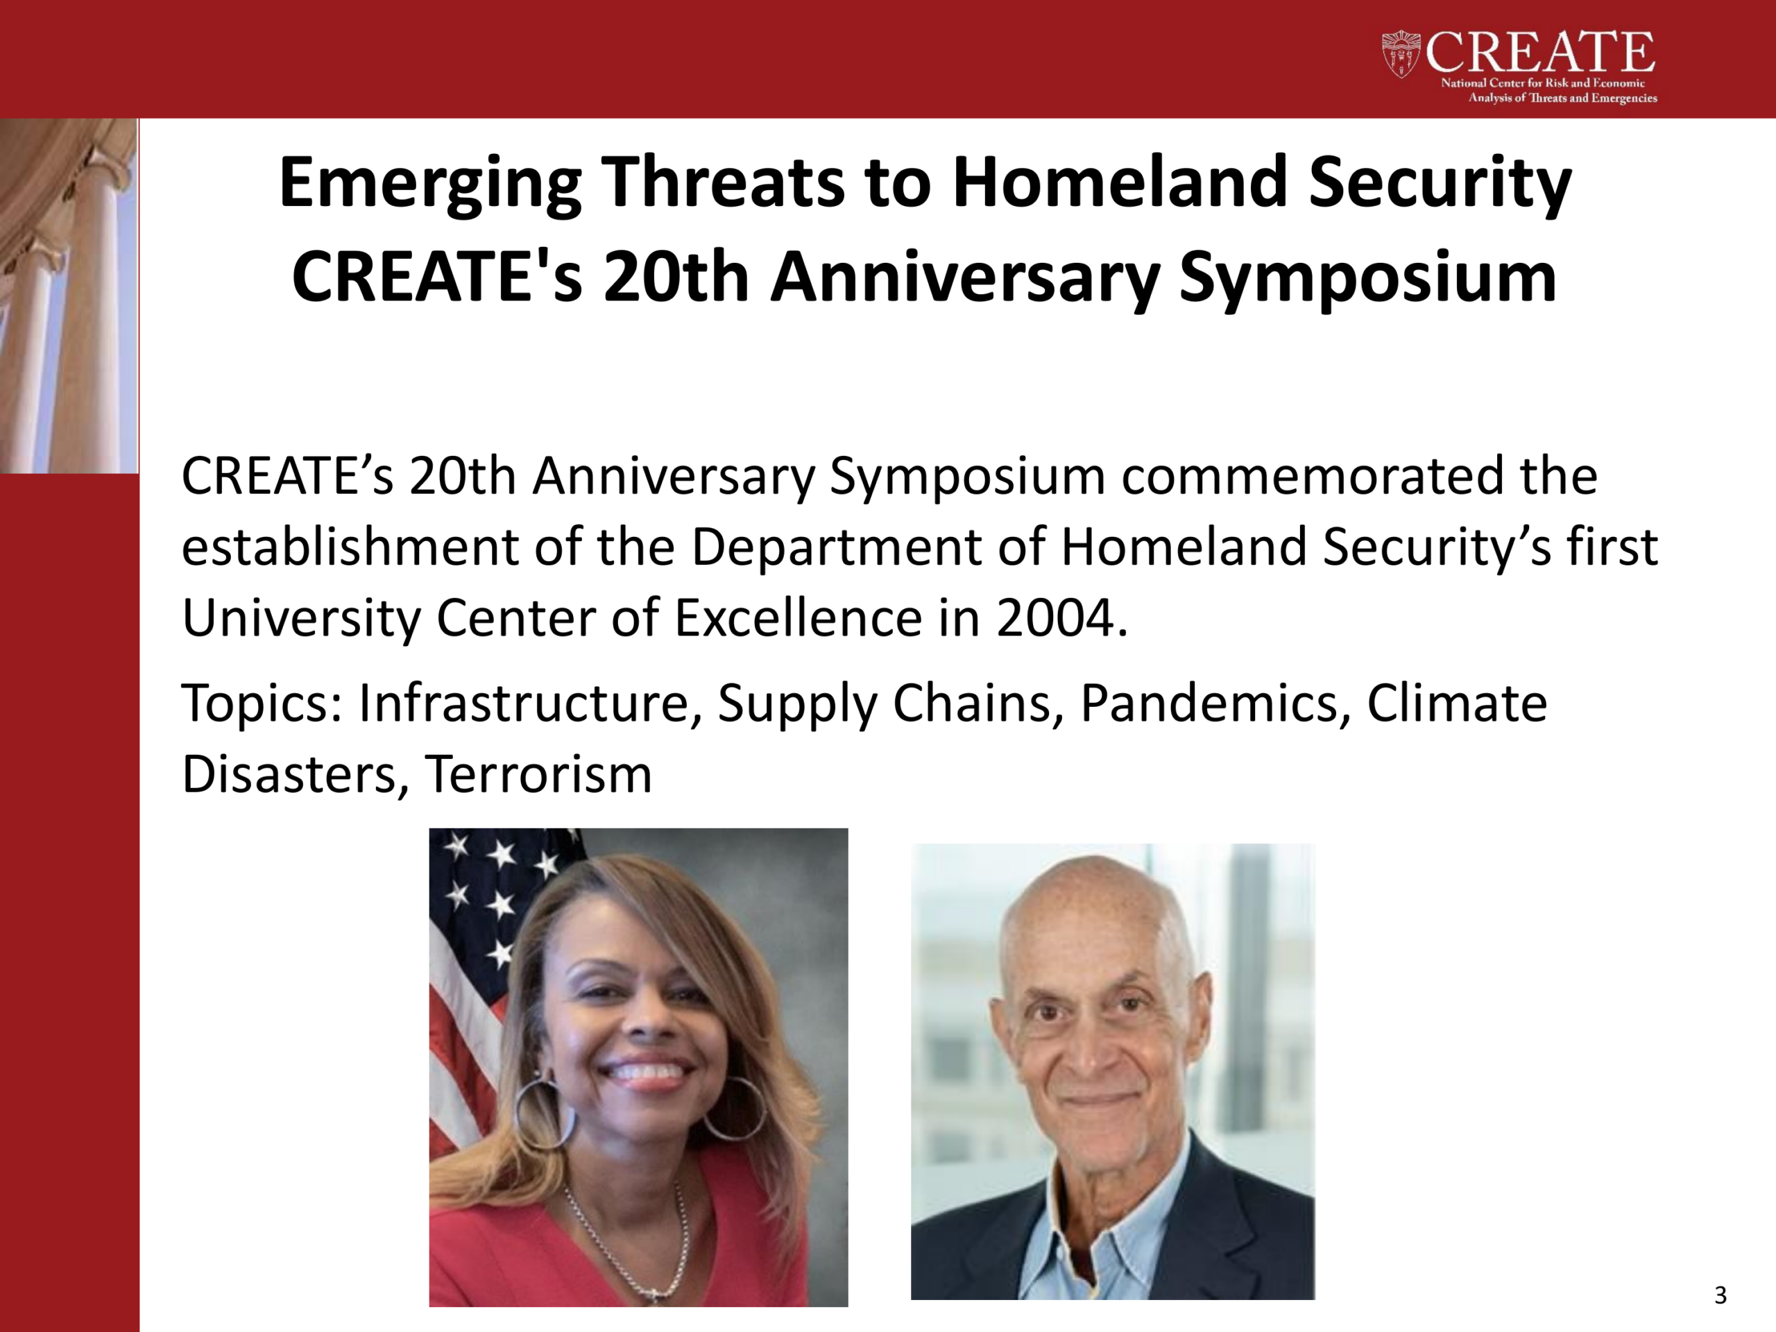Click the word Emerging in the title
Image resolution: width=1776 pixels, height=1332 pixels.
coord(429,183)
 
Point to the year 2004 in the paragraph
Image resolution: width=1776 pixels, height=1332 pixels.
coord(1062,618)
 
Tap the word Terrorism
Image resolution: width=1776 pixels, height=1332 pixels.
coord(538,775)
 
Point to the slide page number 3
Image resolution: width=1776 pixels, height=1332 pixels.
coord(1720,1295)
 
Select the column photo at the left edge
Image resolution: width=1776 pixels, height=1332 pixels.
coord(69,296)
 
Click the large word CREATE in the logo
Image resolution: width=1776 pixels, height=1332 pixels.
coord(1540,52)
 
